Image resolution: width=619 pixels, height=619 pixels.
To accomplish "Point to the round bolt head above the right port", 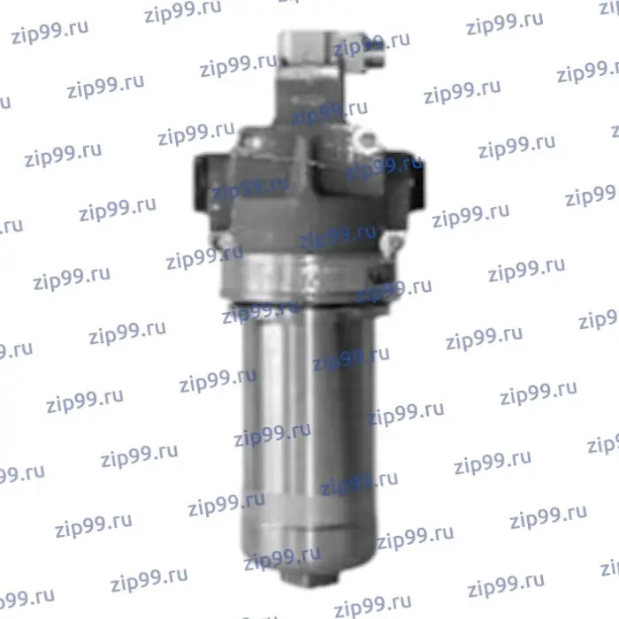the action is [x=366, y=140].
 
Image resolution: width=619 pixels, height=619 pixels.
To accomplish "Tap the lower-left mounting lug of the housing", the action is [x=225, y=240].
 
